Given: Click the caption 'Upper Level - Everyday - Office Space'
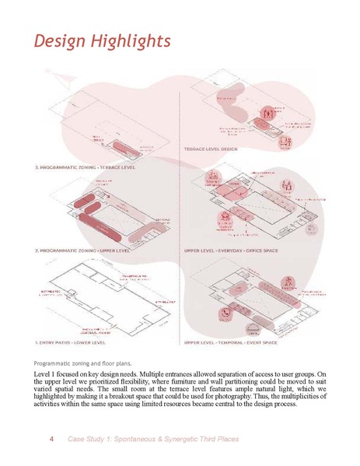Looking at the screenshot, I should [x=231, y=251].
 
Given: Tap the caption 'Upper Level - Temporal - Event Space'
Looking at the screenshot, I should [x=231, y=342].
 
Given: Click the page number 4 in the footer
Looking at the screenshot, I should [x=51, y=440].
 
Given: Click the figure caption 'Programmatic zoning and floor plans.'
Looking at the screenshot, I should [x=83, y=363].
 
